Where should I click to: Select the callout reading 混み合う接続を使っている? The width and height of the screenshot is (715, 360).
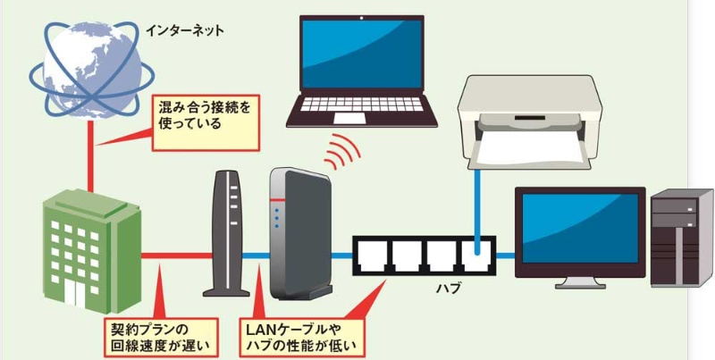(x=200, y=115)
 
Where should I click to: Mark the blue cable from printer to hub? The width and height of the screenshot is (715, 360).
(x=479, y=205)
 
